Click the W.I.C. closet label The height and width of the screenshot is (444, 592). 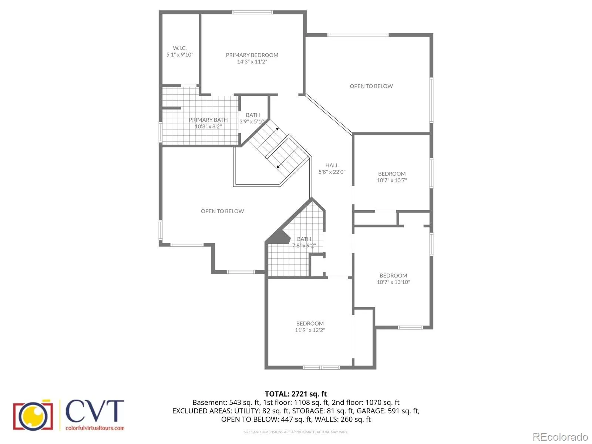click(179, 48)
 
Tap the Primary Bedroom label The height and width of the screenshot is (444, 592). click(252, 55)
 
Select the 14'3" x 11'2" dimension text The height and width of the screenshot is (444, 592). click(252, 61)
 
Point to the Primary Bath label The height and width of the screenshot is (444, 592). click(208, 120)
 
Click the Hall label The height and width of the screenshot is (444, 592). click(332, 165)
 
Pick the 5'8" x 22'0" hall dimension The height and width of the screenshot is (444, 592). click(332, 172)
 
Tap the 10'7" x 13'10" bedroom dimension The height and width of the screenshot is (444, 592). click(393, 282)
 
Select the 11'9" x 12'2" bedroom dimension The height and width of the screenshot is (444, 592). click(310, 330)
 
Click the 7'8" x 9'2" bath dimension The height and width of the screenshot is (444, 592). click(304, 245)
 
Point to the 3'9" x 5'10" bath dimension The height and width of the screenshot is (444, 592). click(253, 121)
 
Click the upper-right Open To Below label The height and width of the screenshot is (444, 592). click(371, 86)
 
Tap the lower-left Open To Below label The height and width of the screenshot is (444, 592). click(222, 211)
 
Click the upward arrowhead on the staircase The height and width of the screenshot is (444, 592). click(277, 129)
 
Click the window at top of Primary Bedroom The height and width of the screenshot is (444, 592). click(252, 12)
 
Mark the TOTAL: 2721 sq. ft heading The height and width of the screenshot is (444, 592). click(296, 394)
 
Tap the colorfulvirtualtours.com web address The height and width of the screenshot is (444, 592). click(95, 428)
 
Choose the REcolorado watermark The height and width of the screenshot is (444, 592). click(560, 437)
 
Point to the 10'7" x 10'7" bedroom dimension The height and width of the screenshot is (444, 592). click(391, 180)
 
